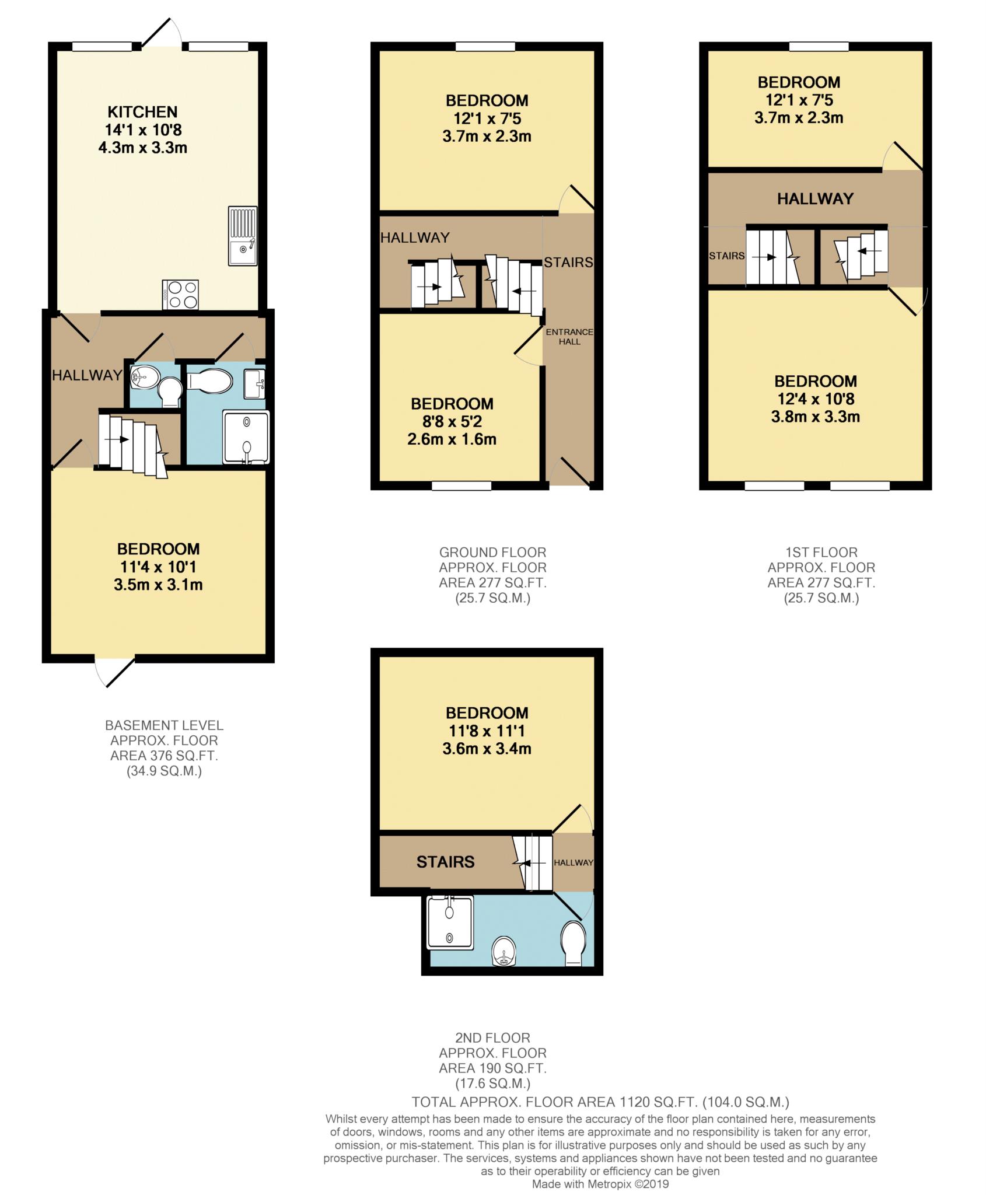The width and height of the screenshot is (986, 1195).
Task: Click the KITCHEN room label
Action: coord(142,111)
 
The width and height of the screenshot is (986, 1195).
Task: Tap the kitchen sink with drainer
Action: coord(243,236)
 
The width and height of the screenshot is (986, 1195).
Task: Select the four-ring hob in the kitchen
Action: coord(181,295)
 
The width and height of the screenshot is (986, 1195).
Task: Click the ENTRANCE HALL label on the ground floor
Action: coord(569,337)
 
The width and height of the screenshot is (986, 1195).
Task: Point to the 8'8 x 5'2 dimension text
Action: coord(452,421)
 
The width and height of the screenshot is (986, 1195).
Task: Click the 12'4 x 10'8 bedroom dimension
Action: coord(816,399)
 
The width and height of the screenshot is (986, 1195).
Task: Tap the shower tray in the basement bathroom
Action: coord(246,437)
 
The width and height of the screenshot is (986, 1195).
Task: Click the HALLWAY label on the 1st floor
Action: coord(815,199)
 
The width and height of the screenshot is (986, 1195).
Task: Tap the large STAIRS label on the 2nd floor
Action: coord(445,862)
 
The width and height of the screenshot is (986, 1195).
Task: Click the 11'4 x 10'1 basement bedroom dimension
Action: coord(158,567)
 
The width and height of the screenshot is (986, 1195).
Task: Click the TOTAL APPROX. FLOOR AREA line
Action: coord(600,1102)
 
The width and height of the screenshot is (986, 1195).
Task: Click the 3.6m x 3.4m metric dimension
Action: coord(487,749)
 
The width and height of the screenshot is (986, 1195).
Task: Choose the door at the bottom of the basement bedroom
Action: coord(115,672)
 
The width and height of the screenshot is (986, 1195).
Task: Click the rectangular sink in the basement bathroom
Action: coord(254,384)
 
